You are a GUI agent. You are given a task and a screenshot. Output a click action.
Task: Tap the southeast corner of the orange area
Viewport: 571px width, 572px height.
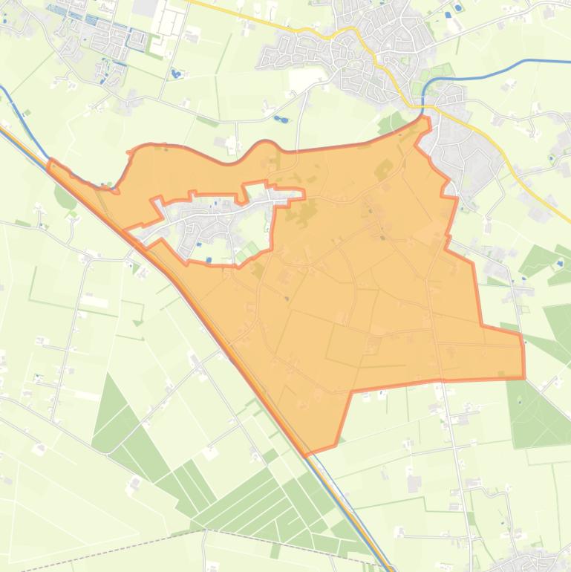(523, 377)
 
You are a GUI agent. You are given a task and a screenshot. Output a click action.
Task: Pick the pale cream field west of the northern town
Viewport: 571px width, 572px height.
(304, 78)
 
